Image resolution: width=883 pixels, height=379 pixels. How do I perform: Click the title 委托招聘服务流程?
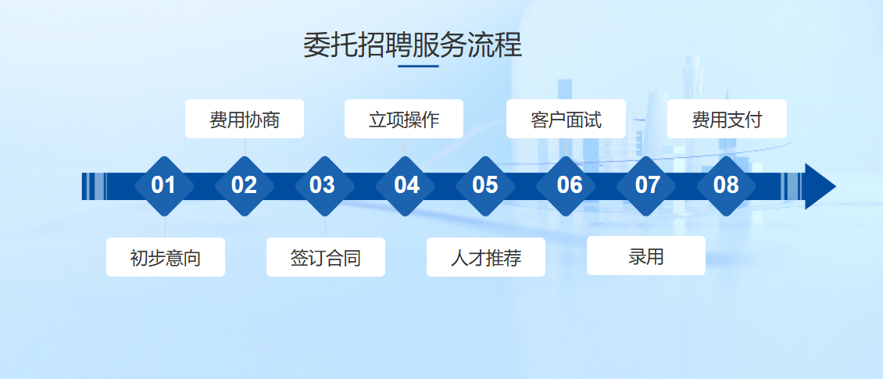tap(413, 45)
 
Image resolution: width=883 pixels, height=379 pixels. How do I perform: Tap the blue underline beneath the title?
tap(418, 66)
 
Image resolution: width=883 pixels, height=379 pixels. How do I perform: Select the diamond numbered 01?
tap(164, 186)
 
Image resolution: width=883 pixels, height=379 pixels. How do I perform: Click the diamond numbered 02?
tap(245, 186)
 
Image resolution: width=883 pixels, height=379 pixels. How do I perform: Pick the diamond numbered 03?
tap(325, 186)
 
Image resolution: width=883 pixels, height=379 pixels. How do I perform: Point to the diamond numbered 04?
tap(405, 186)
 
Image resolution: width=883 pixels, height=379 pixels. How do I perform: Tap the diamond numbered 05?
tap(485, 186)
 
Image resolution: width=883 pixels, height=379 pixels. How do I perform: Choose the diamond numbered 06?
tap(566, 186)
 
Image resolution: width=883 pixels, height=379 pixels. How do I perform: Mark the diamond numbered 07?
tap(646, 186)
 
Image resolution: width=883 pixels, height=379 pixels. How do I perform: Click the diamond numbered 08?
tap(727, 186)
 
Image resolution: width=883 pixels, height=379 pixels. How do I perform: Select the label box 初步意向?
tap(166, 257)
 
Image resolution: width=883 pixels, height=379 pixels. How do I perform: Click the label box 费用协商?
tap(245, 119)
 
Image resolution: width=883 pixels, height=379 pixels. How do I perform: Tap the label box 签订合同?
tap(326, 257)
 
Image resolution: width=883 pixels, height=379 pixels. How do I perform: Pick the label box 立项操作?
tap(404, 119)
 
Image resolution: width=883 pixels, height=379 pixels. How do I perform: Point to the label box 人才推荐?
tap(486, 257)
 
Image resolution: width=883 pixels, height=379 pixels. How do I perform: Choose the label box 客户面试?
tap(566, 119)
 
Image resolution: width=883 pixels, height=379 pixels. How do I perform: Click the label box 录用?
tap(646, 256)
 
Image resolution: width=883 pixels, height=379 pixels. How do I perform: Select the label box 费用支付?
tap(727, 119)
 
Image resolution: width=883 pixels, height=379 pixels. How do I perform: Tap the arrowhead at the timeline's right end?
tap(820, 187)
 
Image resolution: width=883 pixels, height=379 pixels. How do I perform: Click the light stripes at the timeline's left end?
tap(95, 187)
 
